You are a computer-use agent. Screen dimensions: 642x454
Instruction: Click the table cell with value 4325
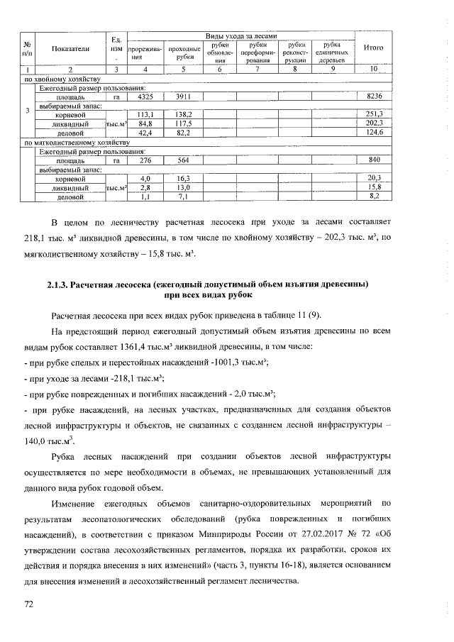point(145,96)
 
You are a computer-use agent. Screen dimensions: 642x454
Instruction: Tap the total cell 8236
point(374,96)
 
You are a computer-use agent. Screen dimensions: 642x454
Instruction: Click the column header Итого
point(374,48)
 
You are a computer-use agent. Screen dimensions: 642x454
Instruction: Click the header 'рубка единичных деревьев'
point(332,52)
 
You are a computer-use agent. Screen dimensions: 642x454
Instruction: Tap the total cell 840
point(374,160)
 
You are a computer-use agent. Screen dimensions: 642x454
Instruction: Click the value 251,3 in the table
point(374,114)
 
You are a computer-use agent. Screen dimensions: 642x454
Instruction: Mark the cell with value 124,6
point(374,133)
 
